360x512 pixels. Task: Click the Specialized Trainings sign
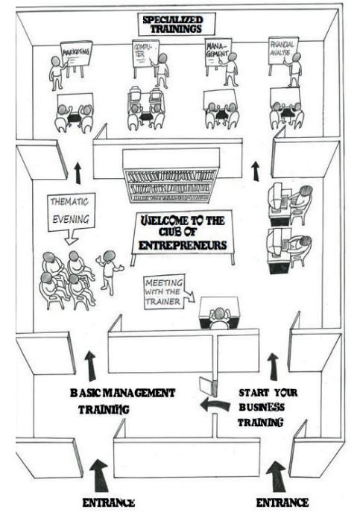pos(177,25)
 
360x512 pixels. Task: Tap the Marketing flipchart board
pos(77,54)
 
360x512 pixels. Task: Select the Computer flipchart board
pos(145,53)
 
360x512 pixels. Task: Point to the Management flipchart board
pos(217,52)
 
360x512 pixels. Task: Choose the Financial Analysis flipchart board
pos(283,51)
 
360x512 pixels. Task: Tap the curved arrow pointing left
pos(215,405)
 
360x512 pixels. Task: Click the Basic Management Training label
pos(122,401)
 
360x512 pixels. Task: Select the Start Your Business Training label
pos(268,407)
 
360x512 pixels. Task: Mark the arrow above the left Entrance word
pos(99,475)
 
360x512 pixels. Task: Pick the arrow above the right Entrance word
pos(277,477)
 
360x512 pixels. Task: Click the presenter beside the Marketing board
pos(57,73)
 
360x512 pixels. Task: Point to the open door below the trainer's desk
pos(208,387)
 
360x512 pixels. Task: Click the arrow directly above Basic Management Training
pos(90,366)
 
